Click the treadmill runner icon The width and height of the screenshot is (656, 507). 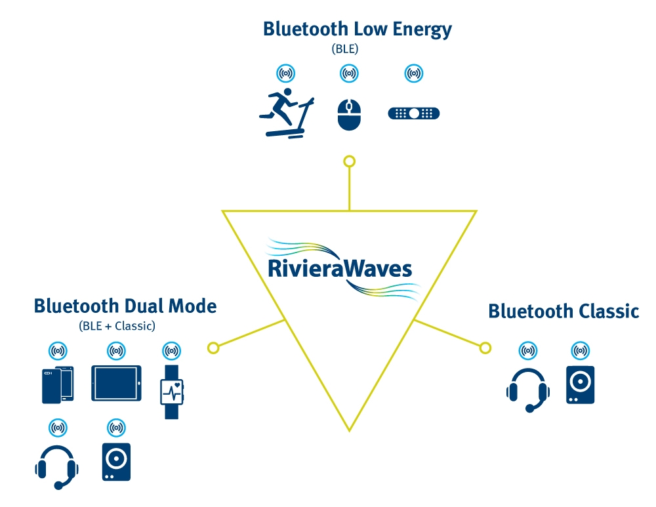click(x=287, y=115)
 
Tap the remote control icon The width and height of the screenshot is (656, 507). click(x=414, y=113)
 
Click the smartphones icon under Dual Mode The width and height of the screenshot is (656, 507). click(x=58, y=384)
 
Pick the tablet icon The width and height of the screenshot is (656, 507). click(x=116, y=383)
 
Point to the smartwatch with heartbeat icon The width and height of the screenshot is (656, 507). click(x=172, y=390)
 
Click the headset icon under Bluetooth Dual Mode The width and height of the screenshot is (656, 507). click(x=58, y=466)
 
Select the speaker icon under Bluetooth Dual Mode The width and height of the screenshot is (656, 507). click(x=116, y=462)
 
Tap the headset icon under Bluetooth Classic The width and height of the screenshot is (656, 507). click(x=527, y=389)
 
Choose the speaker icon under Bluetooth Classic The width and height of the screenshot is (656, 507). click(x=580, y=385)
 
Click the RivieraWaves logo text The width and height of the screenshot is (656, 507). click(x=340, y=269)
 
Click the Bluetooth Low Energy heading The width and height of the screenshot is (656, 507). click(x=358, y=30)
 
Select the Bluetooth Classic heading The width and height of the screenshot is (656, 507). click(x=564, y=311)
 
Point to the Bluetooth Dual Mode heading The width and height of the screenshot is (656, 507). click(x=125, y=306)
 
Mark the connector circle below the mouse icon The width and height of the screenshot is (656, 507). click(x=350, y=161)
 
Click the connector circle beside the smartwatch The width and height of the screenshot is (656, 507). click(x=213, y=348)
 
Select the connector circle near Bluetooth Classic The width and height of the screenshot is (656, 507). click(x=485, y=348)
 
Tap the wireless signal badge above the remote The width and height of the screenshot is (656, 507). click(x=413, y=73)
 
